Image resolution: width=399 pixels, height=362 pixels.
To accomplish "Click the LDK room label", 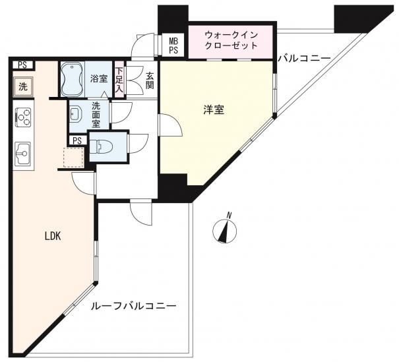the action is [53, 236].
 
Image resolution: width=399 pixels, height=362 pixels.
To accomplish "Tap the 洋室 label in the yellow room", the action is [214, 110].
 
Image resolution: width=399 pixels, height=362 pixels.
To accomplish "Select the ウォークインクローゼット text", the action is [231, 40].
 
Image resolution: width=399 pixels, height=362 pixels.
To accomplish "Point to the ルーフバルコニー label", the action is [134, 305].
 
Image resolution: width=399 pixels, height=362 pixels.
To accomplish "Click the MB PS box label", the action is [173, 45].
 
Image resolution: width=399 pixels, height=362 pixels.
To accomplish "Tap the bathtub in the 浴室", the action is [73, 79].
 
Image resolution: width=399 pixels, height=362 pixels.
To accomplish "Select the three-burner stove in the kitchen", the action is [23, 117].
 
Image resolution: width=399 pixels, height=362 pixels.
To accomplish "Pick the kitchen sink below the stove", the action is [23, 154].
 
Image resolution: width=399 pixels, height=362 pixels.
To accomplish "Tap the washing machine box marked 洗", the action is [23, 87].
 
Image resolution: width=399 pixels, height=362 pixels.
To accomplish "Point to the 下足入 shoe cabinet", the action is [119, 79].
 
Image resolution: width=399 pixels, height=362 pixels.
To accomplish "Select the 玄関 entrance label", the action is [150, 81].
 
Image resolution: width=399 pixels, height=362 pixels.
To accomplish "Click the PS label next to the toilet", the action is [77, 140].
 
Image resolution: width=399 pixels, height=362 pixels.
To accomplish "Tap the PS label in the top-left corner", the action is [22, 65].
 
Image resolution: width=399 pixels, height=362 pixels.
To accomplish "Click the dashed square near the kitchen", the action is [74, 157].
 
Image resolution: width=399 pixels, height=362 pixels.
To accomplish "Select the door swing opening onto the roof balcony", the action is [140, 212].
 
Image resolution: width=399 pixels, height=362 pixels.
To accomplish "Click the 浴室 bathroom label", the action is [99, 79].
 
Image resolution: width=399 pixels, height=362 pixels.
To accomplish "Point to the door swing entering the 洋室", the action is [170, 125].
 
